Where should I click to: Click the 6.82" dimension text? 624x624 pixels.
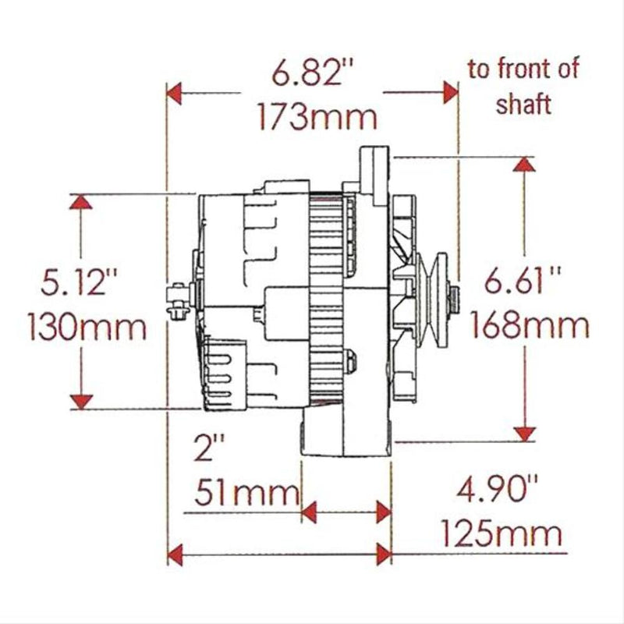308,75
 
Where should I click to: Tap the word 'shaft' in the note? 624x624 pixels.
523,103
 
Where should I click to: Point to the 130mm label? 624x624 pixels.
87,326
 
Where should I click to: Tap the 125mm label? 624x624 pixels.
501,535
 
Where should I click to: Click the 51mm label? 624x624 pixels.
246,493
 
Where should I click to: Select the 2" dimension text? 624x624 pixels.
209,451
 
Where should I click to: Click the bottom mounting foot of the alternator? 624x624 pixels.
343,437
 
